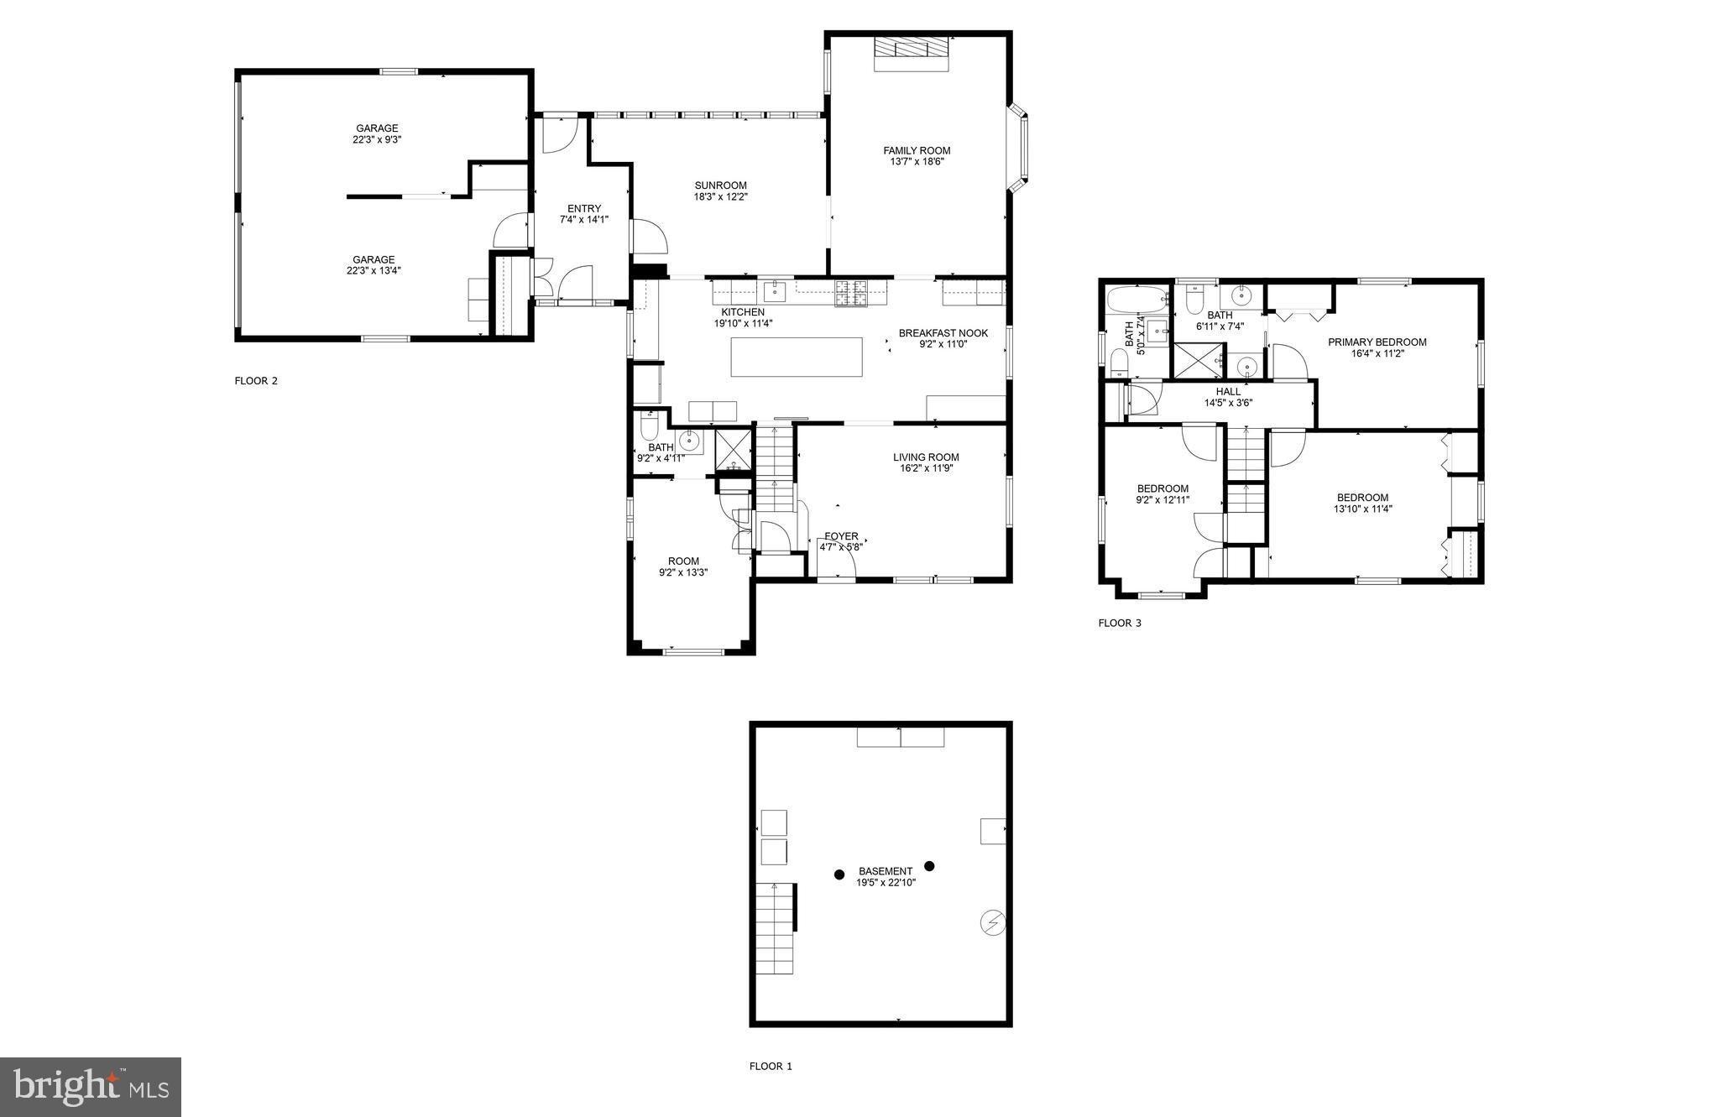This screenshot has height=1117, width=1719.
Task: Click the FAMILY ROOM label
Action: [x=917, y=151]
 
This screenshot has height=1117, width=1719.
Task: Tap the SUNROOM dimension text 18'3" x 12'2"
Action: [x=720, y=197]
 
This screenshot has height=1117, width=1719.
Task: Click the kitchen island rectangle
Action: [x=796, y=357]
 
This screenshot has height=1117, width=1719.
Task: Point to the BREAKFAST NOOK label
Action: [x=943, y=333]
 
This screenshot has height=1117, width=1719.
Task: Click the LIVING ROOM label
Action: [x=926, y=457]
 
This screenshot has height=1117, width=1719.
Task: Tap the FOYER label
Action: [x=841, y=536]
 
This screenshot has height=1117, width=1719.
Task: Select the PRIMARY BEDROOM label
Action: [x=1377, y=342]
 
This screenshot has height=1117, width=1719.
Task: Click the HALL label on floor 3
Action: [x=1228, y=392]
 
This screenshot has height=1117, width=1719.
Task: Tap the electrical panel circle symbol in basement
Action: [x=992, y=922]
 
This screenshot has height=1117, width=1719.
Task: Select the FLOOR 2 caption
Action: [x=255, y=381]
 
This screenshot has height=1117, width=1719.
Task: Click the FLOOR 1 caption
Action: [x=771, y=1067]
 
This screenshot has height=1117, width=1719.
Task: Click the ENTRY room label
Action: [x=584, y=209]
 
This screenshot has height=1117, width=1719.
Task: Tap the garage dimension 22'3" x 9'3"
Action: [x=377, y=140]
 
